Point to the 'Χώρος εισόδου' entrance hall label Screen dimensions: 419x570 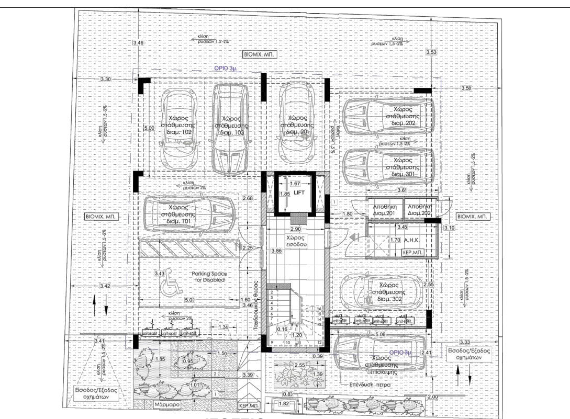(295, 241)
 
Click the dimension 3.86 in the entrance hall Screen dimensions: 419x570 (276, 252)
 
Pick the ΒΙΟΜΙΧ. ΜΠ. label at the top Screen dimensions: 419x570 (260, 54)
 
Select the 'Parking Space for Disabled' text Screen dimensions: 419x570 (208, 277)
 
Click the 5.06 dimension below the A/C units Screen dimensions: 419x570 (380, 333)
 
